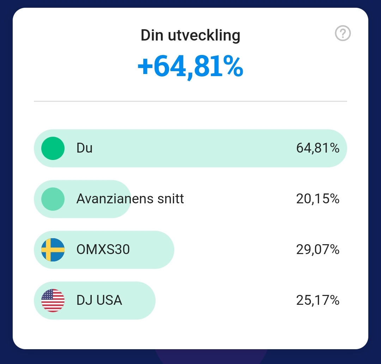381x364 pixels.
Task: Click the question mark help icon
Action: point(343,34)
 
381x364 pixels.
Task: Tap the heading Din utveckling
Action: point(190,36)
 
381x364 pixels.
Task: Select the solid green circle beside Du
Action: point(53,148)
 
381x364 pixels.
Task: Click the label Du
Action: point(84,148)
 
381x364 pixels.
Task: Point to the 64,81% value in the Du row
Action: point(317,148)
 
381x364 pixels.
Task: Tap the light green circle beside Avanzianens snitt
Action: point(53,199)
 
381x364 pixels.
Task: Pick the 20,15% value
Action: point(317,199)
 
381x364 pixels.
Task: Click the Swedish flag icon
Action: point(53,250)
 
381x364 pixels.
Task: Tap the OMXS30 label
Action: point(103,250)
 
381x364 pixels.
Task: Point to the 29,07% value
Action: point(317,250)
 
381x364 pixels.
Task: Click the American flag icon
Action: point(53,301)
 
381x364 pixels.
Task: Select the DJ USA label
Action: point(99,301)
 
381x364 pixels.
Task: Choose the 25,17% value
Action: point(317,301)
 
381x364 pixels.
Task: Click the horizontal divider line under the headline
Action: point(190,101)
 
